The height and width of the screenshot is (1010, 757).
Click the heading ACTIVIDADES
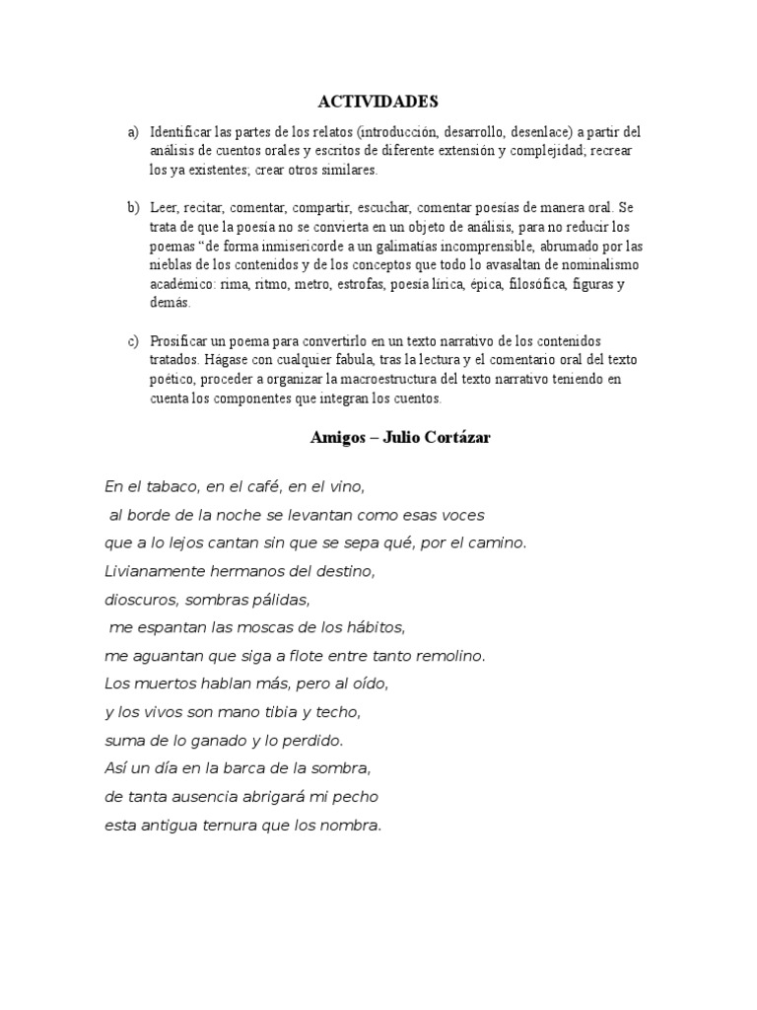[378, 102]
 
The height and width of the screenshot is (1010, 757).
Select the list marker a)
[132, 132]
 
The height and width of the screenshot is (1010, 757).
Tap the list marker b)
[132, 208]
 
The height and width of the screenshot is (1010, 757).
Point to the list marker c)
[132, 341]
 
